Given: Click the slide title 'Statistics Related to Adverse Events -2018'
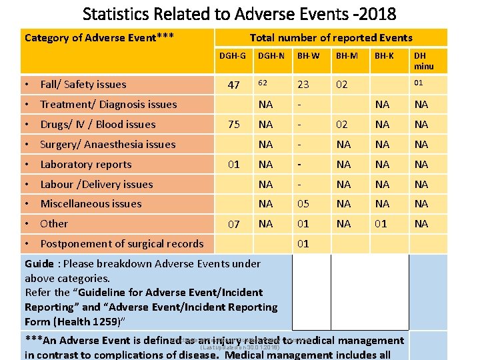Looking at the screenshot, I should click(x=239, y=13).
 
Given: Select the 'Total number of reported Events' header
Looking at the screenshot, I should click(x=331, y=38).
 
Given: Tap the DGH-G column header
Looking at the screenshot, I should click(x=233, y=57).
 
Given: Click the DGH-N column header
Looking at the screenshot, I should click(x=271, y=57).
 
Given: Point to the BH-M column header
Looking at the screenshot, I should click(x=347, y=57).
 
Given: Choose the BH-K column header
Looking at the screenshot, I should click(x=384, y=57).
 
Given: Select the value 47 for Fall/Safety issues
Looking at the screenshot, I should click(x=233, y=85).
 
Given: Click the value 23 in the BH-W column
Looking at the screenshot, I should click(x=303, y=85).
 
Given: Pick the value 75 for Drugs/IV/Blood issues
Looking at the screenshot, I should click(x=233, y=125).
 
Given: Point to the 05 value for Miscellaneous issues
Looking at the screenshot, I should click(x=303, y=204).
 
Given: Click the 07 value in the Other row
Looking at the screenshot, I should click(x=233, y=225).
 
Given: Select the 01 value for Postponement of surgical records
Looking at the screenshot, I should click(x=303, y=243).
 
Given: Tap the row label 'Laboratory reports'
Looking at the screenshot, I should click(x=86, y=165).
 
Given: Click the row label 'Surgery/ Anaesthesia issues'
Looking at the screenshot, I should click(x=107, y=145).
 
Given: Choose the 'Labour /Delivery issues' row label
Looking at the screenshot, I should click(x=97, y=185).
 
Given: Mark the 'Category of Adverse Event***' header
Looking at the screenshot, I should click(x=99, y=37).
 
